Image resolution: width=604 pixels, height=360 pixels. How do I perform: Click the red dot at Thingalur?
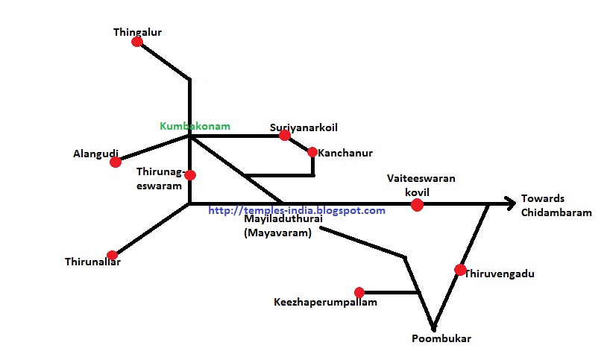(x=137, y=42)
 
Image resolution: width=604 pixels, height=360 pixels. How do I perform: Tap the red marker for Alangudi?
(x=115, y=162)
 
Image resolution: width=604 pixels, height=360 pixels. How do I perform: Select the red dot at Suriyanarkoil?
(x=285, y=136)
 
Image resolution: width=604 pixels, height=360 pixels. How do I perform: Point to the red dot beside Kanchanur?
(x=312, y=153)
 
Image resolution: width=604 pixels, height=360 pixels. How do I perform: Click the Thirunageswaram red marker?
(x=190, y=175)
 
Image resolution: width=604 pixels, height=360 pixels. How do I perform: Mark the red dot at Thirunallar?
(x=112, y=255)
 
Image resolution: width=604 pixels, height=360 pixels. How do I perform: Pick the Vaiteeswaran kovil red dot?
(x=417, y=204)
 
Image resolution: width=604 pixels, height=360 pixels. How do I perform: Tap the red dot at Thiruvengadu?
(x=460, y=270)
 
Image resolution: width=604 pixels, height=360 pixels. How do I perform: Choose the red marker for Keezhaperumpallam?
(x=359, y=292)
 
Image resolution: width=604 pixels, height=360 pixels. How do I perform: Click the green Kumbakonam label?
(x=195, y=126)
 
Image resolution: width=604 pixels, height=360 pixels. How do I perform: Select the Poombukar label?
(x=441, y=339)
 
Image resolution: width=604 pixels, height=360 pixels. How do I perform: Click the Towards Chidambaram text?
(x=556, y=205)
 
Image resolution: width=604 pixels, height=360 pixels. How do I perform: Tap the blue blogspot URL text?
(x=297, y=211)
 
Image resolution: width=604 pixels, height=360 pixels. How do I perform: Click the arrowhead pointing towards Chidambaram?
(x=511, y=202)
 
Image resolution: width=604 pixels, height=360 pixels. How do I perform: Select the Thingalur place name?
(x=137, y=32)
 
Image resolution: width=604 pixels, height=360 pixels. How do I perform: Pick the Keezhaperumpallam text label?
(x=325, y=303)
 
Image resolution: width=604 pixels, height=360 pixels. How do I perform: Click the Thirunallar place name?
(x=92, y=262)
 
